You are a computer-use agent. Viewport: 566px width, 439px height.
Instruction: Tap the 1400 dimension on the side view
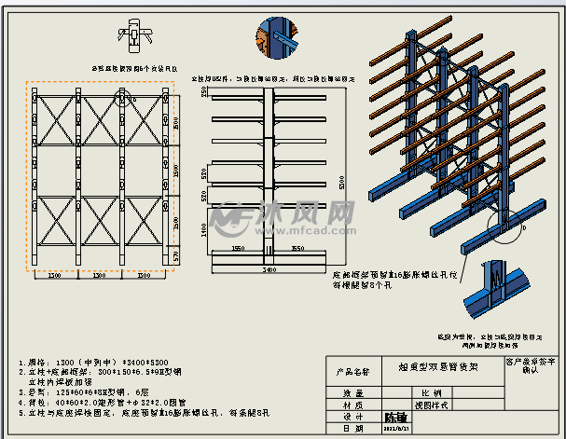[204, 227]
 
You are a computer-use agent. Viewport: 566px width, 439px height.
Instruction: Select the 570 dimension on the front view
[174, 254]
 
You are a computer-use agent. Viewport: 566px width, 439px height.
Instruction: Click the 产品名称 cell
[353, 371]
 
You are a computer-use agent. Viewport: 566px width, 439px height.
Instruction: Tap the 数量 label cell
[352, 393]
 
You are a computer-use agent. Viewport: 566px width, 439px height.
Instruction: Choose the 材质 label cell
[352, 405]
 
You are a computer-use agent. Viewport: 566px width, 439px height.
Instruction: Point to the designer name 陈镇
[397, 417]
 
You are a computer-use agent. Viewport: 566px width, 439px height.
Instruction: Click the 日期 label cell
[352, 428]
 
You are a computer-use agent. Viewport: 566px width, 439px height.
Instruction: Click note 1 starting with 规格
[90, 361]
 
